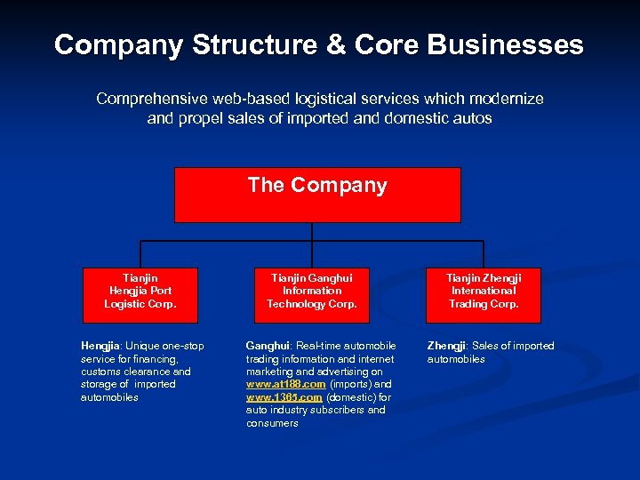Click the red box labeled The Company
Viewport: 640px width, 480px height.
tap(317, 195)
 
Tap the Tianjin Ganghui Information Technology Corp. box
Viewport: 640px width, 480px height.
tap(312, 291)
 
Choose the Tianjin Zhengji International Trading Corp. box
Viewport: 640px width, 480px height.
tap(484, 291)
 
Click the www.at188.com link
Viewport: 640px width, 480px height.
tap(285, 385)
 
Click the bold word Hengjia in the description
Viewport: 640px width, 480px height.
tap(100, 347)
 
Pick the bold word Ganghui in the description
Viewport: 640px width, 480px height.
tap(267, 346)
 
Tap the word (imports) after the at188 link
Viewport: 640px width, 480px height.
tap(350, 385)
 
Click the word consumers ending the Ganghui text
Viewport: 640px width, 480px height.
tap(272, 423)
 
